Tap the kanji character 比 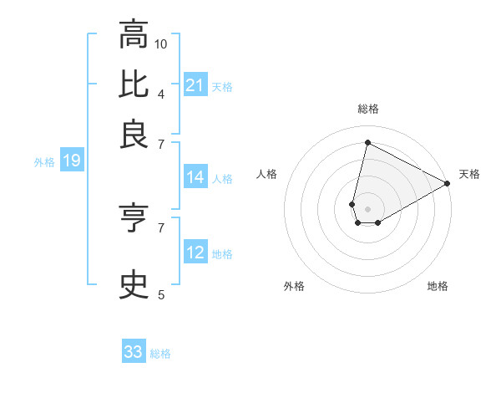pos(134,84)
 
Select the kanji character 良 pos(134,134)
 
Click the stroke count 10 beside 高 pos(161,43)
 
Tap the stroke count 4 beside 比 pos(161,93)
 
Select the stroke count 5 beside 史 pos(161,294)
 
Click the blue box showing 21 pos(195,84)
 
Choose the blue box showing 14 pos(195,177)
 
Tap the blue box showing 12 pos(195,253)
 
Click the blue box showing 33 pos(134,352)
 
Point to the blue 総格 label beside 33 pos(160,354)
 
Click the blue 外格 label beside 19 pos(44,162)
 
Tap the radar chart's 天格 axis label pos(469,174)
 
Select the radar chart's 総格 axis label pos(368,109)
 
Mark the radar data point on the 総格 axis pos(367,141)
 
